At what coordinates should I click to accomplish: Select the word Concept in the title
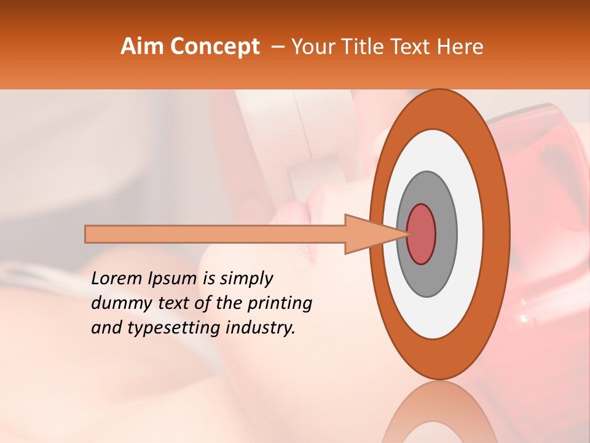pyautogui.click(x=214, y=47)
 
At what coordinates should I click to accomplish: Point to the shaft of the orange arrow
pyautogui.click(x=215, y=234)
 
